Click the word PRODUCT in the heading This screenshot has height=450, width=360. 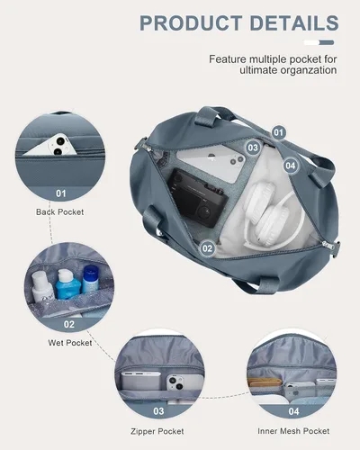pyautogui.click(x=191, y=23)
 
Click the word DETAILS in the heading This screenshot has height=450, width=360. pyautogui.click(x=294, y=23)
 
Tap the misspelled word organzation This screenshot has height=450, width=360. pyautogui.click(x=309, y=70)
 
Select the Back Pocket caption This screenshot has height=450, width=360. pyautogui.click(x=60, y=212)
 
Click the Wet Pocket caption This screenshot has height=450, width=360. pyautogui.click(x=70, y=343)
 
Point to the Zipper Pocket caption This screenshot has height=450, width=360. pyautogui.click(x=157, y=431)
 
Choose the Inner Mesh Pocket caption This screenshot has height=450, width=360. pyautogui.click(x=293, y=431)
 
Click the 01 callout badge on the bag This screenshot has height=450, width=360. pyautogui.click(x=278, y=132)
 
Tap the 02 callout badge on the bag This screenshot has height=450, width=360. pyautogui.click(x=207, y=248)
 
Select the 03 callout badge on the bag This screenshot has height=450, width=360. pyautogui.click(x=253, y=148)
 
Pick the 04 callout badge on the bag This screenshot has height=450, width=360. pyautogui.click(x=291, y=166)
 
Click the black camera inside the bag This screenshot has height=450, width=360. pyautogui.click(x=196, y=198)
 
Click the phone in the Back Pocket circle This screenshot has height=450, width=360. pyautogui.click(x=51, y=145)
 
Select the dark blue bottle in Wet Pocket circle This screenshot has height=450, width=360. pyautogui.click(x=90, y=280)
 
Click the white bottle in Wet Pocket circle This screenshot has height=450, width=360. pyautogui.click(x=41, y=287)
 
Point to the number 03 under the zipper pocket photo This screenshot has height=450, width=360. pyautogui.click(x=158, y=411)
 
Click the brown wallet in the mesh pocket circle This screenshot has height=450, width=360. pyautogui.click(x=264, y=382)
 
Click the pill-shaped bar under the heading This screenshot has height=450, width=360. pyautogui.click(x=319, y=42)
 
